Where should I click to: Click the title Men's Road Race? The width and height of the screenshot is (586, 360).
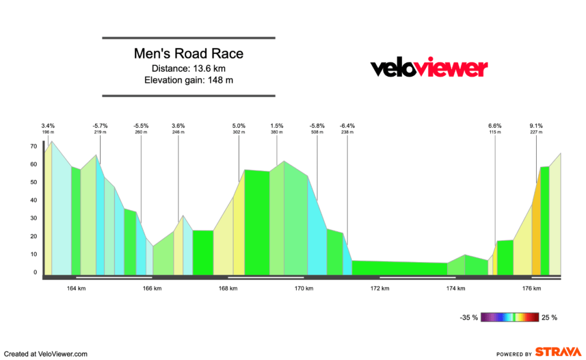pyautogui.click(x=188, y=54)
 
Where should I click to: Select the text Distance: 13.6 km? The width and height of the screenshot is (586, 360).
pyautogui.click(x=188, y=69)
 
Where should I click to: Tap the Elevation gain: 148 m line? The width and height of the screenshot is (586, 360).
pyautogui.click(x=188, y=80)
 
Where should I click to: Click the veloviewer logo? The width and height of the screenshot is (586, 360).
pyautogui.click(x=429, y=68)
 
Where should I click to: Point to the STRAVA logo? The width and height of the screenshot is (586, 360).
pyautogui.click(x=558, y=352)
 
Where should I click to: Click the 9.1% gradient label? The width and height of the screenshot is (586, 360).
pyautogui.click(x=536, y=126)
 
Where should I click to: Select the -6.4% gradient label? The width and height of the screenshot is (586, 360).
pyautogui.click(x=347, y=126)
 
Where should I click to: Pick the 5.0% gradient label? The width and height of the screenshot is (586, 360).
pyautogui.click(x=239, y=126)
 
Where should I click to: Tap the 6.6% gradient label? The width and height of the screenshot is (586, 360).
pyautogui.click(x=495, y=126)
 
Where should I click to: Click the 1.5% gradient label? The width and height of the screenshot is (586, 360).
pyautogui.click(x=277, y=126)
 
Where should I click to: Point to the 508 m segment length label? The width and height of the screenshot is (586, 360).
pyautogui.click(x=317, y=132)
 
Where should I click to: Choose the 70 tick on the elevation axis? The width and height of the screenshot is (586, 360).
pyautogui.click(x=34, y=147)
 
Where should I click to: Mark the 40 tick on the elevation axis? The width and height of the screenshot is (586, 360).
pyautogui.click(x=34, y=201)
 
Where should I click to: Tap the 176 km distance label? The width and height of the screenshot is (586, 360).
pyautogui.click(x=532, y=289)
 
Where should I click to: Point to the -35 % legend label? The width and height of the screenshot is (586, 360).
pyautogui.click(x=468, y=317)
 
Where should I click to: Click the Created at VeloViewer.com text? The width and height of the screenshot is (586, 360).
pyautogui.click(x=46, y=354)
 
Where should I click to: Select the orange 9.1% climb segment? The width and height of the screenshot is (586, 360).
pyautogui.click(x=536, y=229)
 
